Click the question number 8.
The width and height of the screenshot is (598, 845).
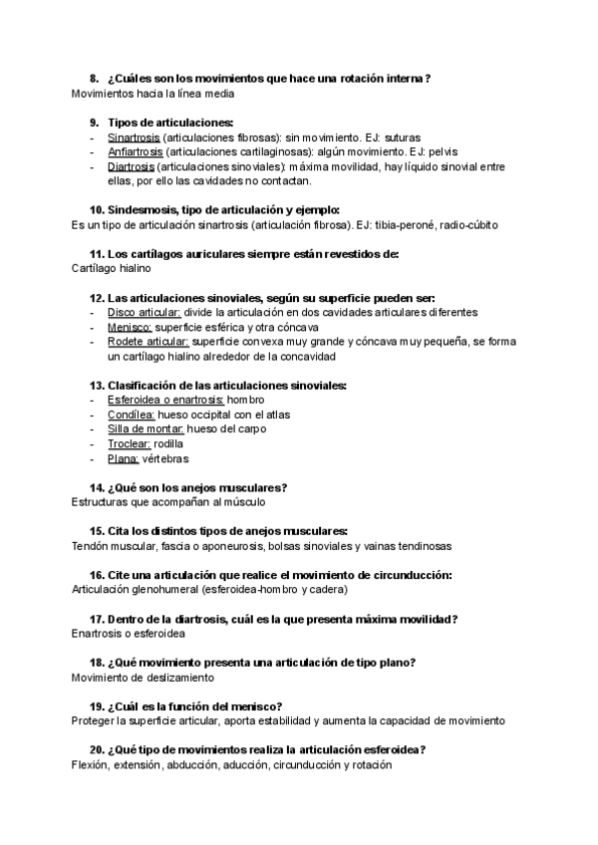click(x=94, y=78)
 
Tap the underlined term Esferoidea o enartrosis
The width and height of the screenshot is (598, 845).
click(x=165, y=400)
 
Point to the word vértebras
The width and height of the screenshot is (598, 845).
click(x=164, y=458)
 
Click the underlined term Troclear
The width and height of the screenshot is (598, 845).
click(x=130, y=443)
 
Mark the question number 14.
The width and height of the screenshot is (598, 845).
click(x=97, y=487)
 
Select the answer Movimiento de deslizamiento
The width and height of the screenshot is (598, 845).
click(x=144, y=678)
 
